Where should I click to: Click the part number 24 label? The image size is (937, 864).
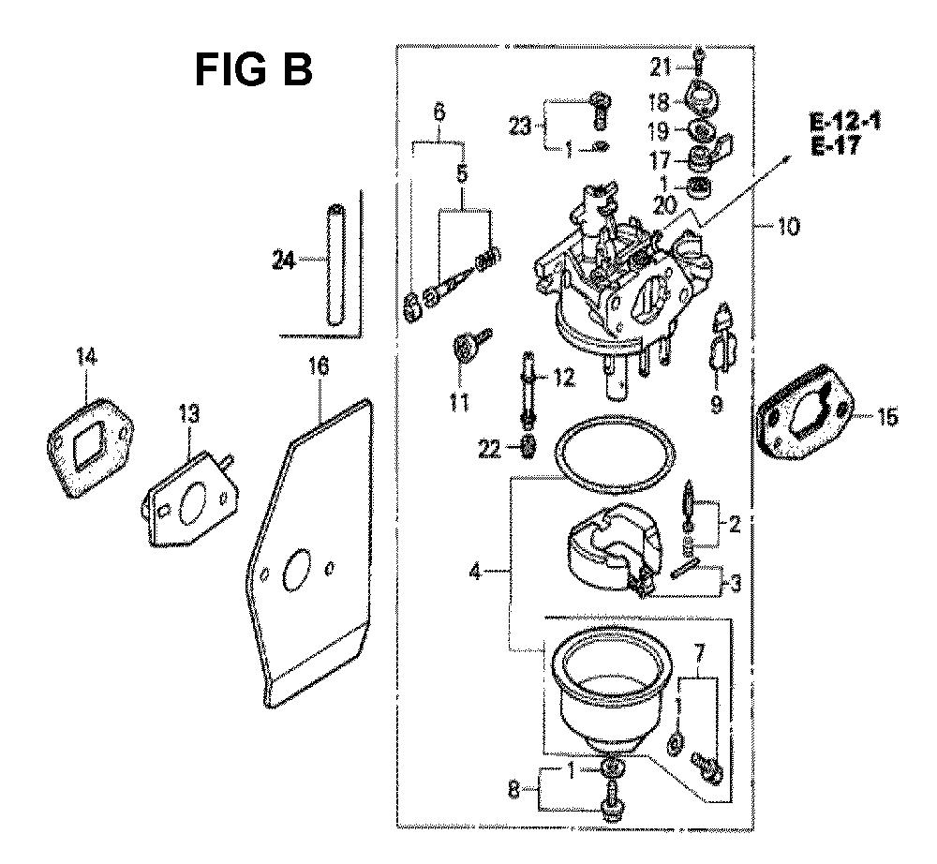[285, 260]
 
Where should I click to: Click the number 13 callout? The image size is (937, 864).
[189, 414]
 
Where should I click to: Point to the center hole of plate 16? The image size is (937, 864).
[297, 571]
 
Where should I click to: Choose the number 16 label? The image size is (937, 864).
[319, 366]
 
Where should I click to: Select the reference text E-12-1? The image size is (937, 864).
[845, 123]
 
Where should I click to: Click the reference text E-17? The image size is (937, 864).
[836, 145]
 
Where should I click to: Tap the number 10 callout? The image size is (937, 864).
[789, 227]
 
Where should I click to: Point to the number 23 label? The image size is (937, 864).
[520, 127]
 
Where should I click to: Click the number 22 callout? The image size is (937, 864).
[489, 449]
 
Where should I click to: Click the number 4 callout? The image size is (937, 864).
[475, 573]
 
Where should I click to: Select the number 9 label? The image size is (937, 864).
[716, 405]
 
